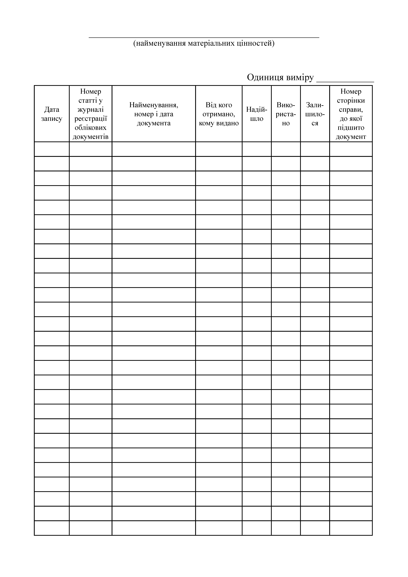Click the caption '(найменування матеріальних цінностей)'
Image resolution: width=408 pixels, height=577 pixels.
point(204,43)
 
